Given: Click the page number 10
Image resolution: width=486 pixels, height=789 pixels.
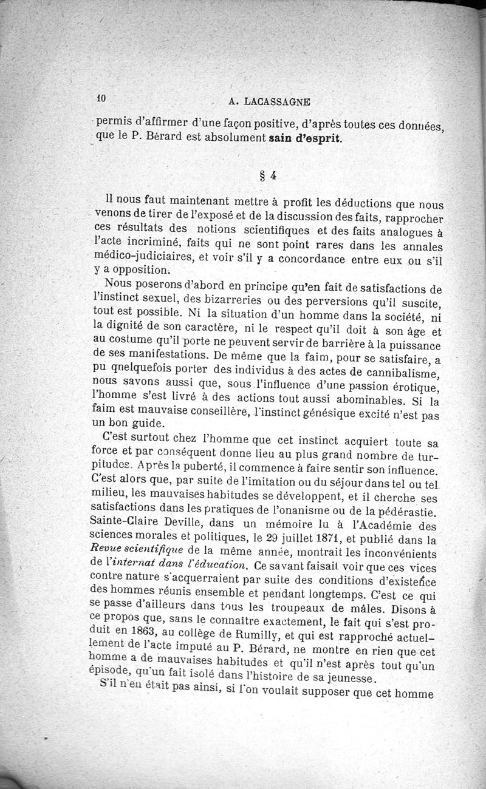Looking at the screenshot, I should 101,98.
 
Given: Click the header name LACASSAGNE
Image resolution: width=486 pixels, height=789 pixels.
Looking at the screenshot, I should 286,103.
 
